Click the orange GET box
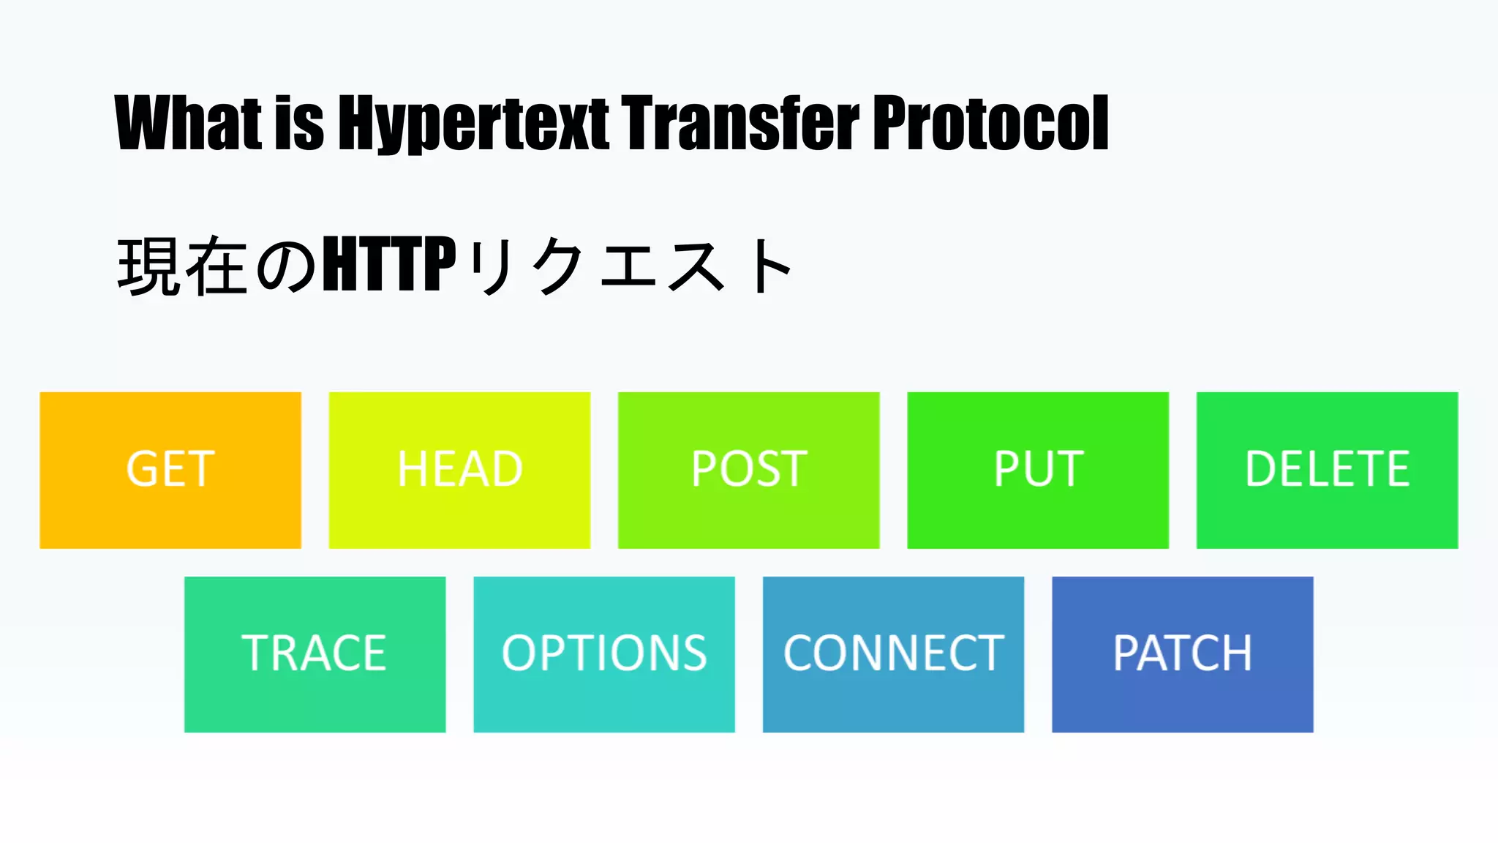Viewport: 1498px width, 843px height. coord(170,470)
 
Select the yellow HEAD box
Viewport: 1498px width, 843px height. coord(459,470)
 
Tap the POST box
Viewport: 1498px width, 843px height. coord(748,470)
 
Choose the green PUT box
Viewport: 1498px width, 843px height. coord(1037,470)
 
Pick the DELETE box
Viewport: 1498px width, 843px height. coord(1327,470)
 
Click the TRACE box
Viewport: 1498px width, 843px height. coord(315,654)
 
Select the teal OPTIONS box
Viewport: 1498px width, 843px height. coord(604,654)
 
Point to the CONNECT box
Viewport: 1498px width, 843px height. coord(893,654)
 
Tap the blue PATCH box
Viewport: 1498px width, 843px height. coord(1182,654)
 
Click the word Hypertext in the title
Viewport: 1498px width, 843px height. coord(473,124)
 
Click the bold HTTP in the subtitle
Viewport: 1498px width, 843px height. coord(389,264)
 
